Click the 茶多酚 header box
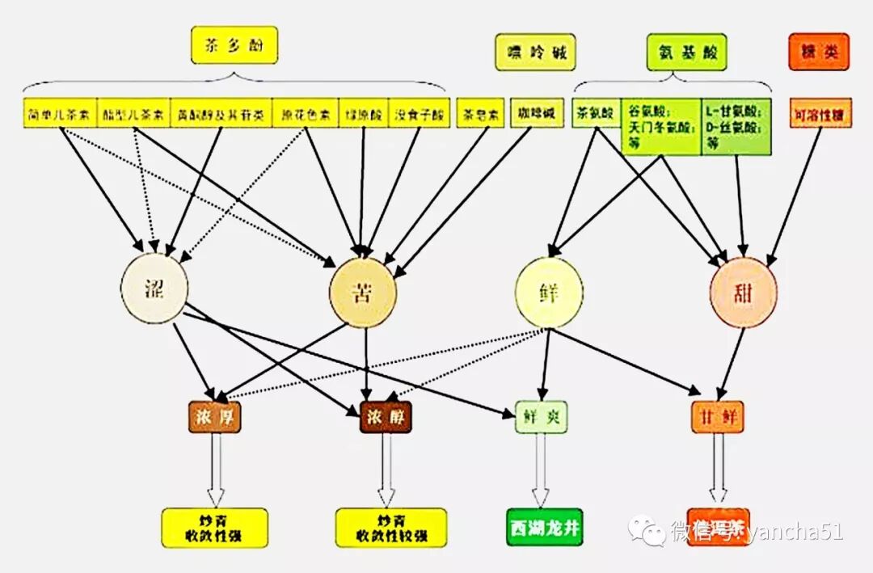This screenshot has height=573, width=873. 234,45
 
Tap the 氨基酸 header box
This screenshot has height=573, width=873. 686,53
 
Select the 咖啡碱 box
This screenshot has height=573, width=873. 536,114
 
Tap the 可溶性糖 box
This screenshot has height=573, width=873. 820,115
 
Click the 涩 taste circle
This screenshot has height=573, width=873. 154,289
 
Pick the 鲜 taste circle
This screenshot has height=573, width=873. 550,293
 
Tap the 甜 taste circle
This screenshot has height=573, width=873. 744,293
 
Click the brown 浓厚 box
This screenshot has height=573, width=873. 214,416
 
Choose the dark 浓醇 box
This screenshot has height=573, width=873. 386,416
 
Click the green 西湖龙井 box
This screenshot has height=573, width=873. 544,527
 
